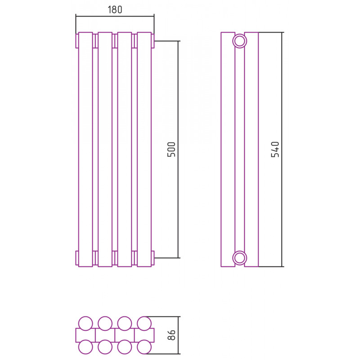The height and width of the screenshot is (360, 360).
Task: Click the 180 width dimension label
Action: pyautogui.click(x=115, y=9)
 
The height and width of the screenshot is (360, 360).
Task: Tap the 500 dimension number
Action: pyautogui.click(x=171, y=149)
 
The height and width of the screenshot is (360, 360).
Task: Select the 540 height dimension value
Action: pyautogui.click(x=275, y=149)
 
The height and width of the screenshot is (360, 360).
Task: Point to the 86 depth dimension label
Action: pyautogui.click(x=171, y=335)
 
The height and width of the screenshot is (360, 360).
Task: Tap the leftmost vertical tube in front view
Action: pyautogui.click(x=85, y=149)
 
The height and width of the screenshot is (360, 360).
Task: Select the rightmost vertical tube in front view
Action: pyautogui.click(x=144, y=149)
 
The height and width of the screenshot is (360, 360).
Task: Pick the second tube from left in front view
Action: pyautogui.click(x=105, y=149)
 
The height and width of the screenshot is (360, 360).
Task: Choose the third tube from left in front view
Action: pyautogui.click(x=125, y=149)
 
